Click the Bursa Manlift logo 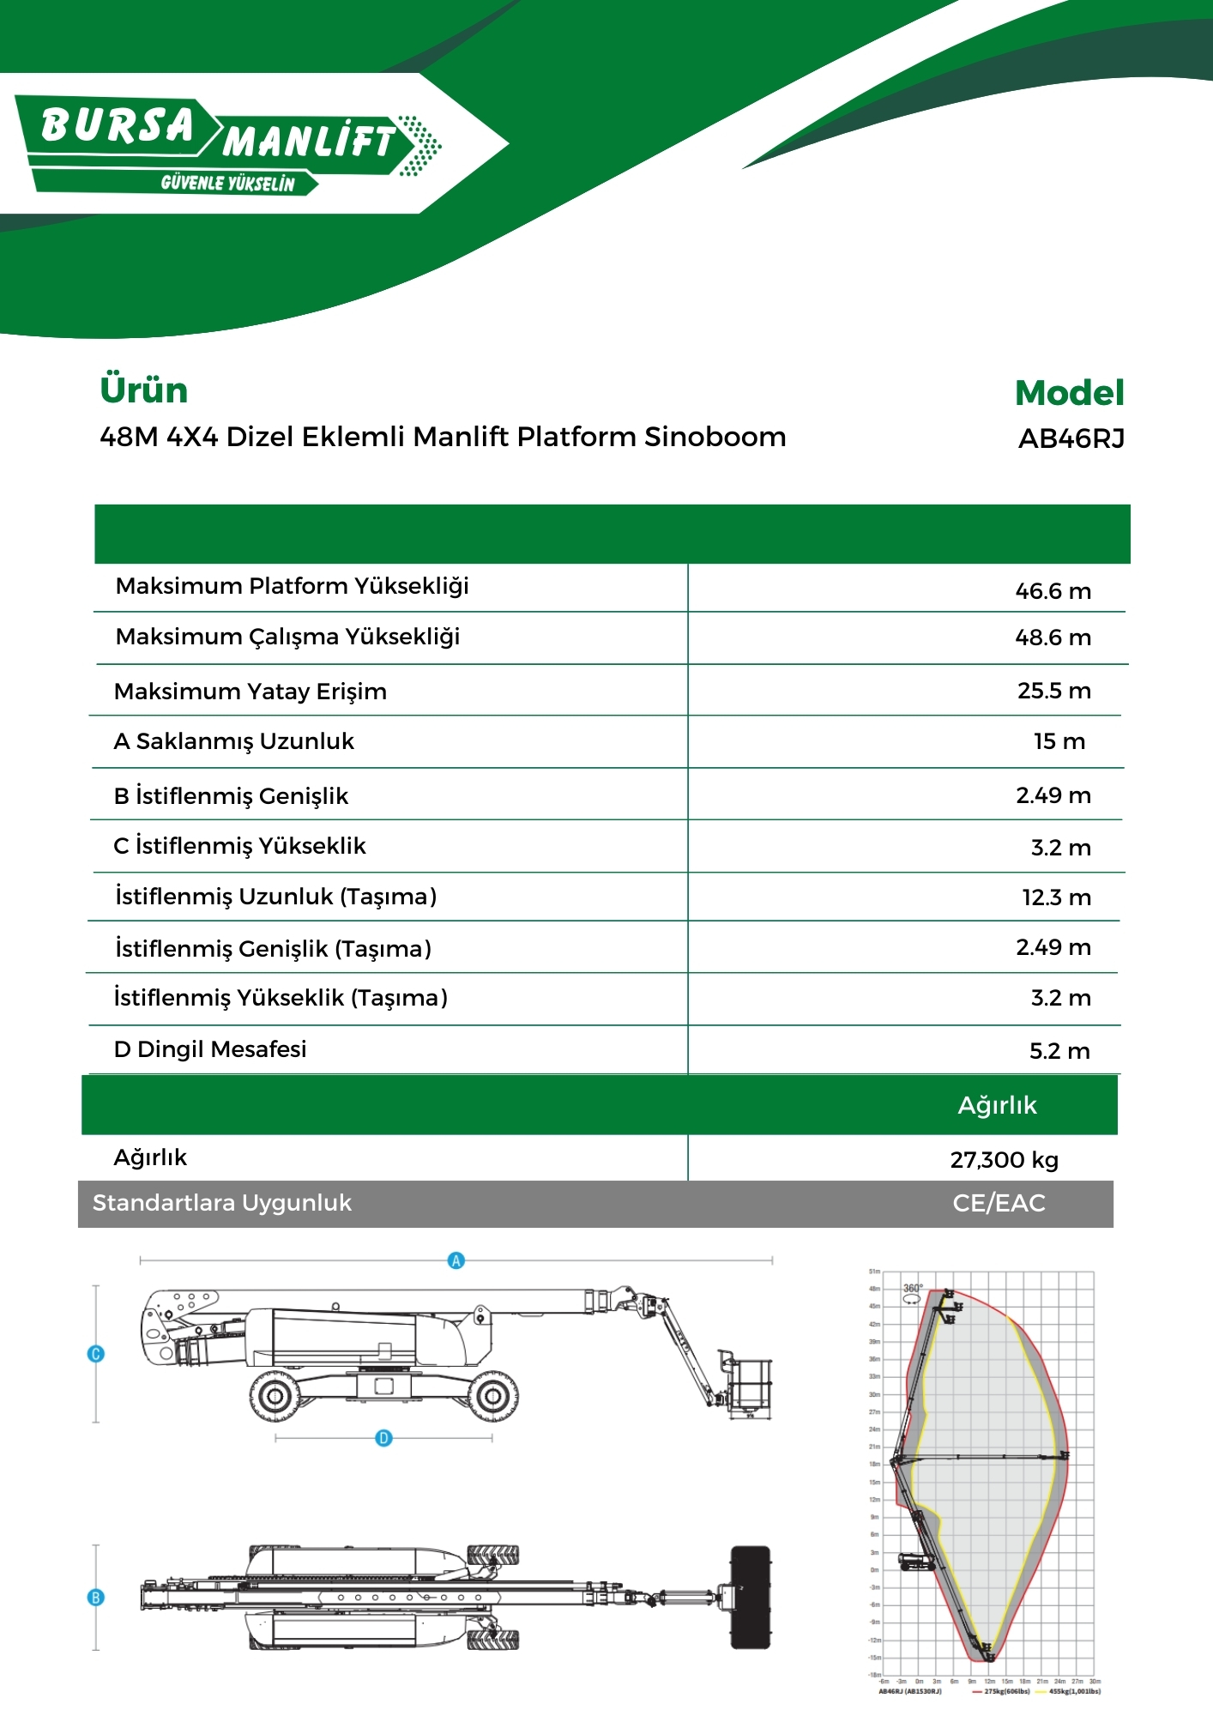pyautogui.click(x=227, y=144)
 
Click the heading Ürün pyautogui.click(x=143, y=390)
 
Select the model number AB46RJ pyautogui.click(x=1071, y=439)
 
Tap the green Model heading pyautogui.click(x=1069, y=393)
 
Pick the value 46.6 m pyautogui.click(x=1053, y=591)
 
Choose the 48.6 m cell pyautogui.click(x=1053, y=637)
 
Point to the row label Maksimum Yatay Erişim pyautogui.click(x=250, y=692)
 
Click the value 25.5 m pyautogui.click(x=1053, y=691)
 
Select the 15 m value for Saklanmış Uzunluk pyautogui.click(x=1059, y=741)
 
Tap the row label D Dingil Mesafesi pyautogui.click(x=210, y=1049)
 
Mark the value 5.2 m pyautogui.click(x=1059, y=1051)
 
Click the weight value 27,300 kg pyautogui.click(x=1004, y=1160)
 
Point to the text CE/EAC pyautogui.click(x=999, y=1203)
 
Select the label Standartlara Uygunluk pyautogui.click(x=222, y=1203)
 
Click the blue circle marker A pyautogui.click(x=456, y=1260)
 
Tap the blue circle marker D pyautogui.click(x=383, y=1438)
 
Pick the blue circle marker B pyautogui.click(x=96, y=1598)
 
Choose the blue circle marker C pyautogui.click(x=96, y=1354)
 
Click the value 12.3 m pyautogui.click(x=1056, y=897)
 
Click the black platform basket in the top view pyautogui.click(x=750, y=1598)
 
